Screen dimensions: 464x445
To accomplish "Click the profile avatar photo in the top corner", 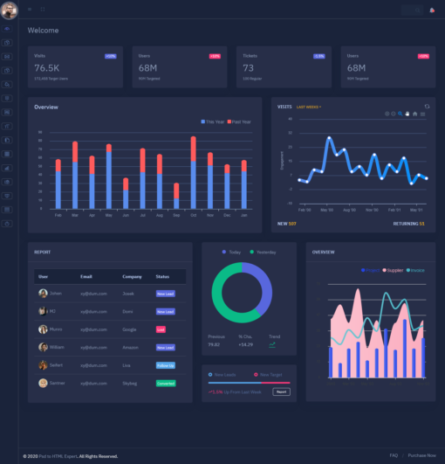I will tap(10, 10).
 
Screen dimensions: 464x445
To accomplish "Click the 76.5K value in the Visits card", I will tap(46, 67).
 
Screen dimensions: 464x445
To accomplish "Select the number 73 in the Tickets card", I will tap(249, 67).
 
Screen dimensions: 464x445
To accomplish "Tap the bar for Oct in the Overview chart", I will tap(193, 172).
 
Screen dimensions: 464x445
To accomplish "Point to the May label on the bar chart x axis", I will tap(108, 215).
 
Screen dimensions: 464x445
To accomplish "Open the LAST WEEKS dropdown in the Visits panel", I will tap(309, 107).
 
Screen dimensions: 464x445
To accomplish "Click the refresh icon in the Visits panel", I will tap(427, 107).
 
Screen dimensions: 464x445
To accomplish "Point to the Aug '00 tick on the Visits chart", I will tap(350, 210).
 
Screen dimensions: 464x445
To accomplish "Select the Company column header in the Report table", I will tap(132, 276).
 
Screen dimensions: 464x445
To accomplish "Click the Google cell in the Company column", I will tap(131, 329).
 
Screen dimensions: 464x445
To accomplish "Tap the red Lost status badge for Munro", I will tap(161, 329).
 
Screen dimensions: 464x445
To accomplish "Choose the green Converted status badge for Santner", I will tap(165, 383).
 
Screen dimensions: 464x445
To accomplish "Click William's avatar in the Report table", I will tap(43, 347).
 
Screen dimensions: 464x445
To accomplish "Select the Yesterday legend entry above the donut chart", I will tap(265, 253).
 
